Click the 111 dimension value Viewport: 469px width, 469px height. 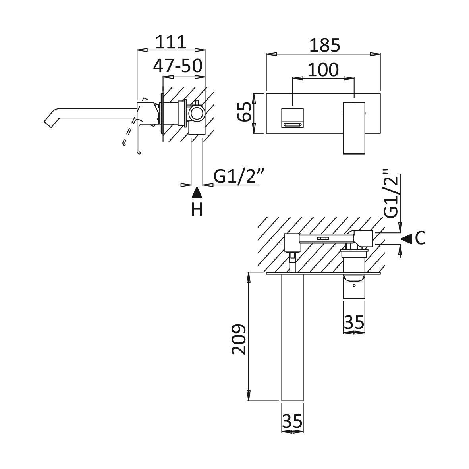tap(170, 42)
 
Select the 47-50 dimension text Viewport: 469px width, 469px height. tap(178, 66)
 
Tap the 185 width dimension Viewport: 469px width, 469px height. tap(324, 46)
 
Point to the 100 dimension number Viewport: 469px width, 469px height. tap(323, 70)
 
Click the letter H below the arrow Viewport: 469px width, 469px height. tap(197, 209)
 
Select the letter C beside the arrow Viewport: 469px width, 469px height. tap(420, 238)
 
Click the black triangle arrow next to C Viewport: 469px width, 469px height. tap(407, 238)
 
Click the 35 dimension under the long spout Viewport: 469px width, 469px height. tap(292, 420)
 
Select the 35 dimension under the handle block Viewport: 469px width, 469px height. tap(354, 322)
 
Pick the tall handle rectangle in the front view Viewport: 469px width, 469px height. tap(354, 127)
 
